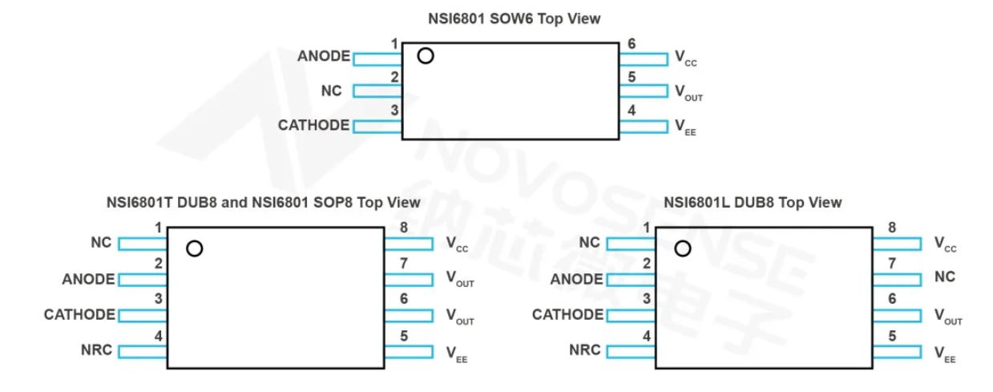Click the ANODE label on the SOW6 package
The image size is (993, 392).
coord(323,57)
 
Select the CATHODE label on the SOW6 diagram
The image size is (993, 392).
coord(313,125)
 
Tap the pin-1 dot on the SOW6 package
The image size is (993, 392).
coord(426,56)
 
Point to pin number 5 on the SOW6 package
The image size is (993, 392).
coord(632,77)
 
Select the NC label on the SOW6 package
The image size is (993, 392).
coord(331,91)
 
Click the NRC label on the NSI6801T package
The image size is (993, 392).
coord(96,350)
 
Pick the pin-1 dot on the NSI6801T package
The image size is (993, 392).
coord(193,249)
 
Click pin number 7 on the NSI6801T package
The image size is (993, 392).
coord(404,263)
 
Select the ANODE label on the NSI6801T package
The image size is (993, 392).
coord(88,280)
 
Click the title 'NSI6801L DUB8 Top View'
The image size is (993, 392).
coord(753,202)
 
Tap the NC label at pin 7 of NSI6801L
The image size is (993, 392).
coord(945,278)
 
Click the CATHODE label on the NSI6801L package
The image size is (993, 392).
coord(567,315)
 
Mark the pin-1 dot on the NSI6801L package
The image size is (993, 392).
coord(682,249)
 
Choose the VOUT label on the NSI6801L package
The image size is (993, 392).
coord(948,317)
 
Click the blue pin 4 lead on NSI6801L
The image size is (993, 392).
coord(631,351)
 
